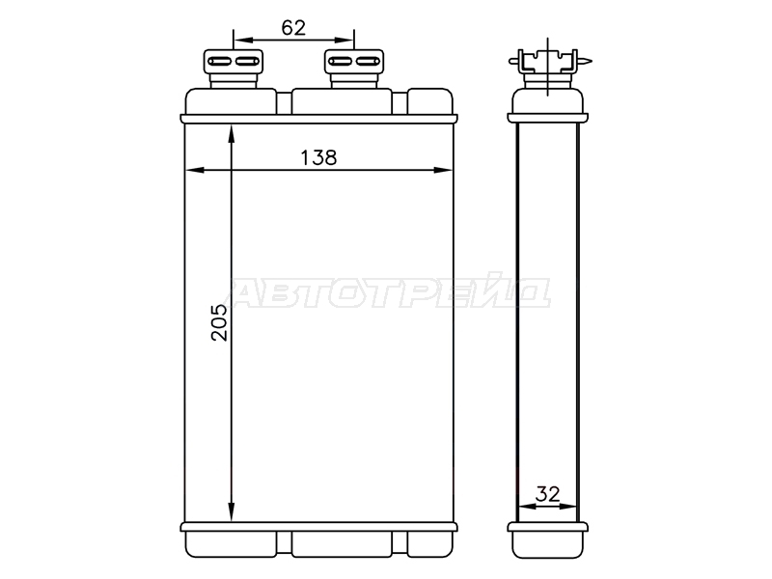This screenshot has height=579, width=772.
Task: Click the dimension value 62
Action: tap(293, 28)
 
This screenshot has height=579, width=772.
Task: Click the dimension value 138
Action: tap(318, 157)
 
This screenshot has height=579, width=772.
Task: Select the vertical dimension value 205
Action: tap(219, 322)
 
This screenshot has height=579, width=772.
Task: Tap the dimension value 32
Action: tap(547, 493)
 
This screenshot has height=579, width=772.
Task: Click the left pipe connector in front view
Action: tap(234, 68)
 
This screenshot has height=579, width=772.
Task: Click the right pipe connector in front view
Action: tap(354, 68)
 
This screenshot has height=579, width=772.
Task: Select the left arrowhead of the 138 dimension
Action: tap(194, 171)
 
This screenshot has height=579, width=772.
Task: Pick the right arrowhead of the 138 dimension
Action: tap(442, 171)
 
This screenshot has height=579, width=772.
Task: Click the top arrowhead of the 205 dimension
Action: tap(232, 134)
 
